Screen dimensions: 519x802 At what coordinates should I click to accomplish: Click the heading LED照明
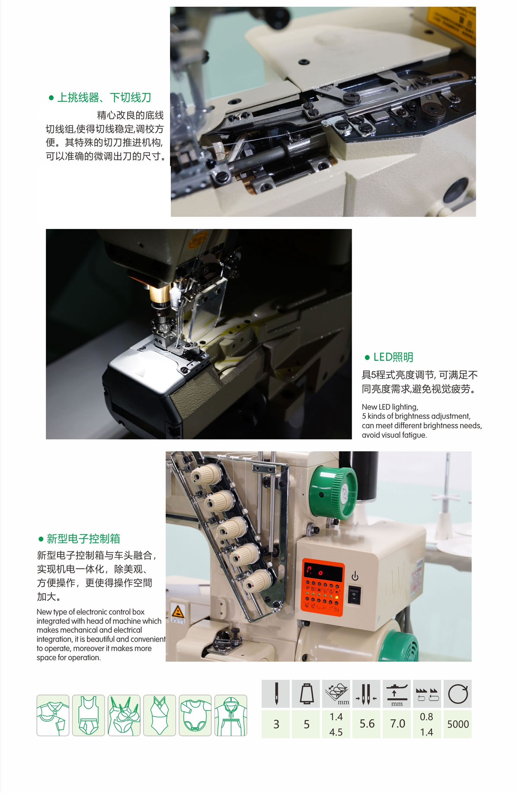tap(393, 357)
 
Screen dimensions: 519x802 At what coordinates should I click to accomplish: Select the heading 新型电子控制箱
tap(83, 538)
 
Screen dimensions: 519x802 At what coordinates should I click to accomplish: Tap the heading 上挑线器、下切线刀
tap(104, 97)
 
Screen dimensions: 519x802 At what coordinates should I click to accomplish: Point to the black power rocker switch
tap(354, 595)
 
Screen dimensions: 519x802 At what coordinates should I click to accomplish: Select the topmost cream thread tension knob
tap(206, 474)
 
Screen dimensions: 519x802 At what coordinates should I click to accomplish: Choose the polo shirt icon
tap(53, 715)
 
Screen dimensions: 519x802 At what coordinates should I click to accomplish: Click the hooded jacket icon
tap(231, 715)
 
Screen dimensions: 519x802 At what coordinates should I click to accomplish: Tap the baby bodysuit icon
tap(195, 715)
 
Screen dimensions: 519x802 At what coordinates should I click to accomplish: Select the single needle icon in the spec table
tap(276, 694)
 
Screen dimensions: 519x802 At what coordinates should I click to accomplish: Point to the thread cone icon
tap(306, 694)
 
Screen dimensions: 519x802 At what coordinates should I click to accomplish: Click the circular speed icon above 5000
tap(458, 694)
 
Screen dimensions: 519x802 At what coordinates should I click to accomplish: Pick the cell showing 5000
tap(458, 724)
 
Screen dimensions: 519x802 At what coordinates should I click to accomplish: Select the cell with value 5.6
tap(367, 724)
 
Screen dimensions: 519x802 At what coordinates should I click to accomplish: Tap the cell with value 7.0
tap(397, 724)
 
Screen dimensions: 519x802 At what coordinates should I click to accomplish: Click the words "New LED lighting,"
tap(390, 407)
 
